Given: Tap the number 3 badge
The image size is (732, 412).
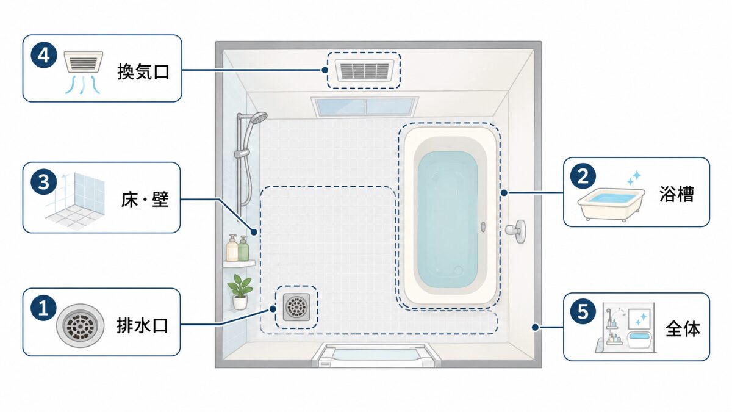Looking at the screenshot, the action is (44, 182).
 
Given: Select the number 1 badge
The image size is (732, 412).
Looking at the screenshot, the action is (44, 308).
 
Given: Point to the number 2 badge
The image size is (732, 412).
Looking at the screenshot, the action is (583, 176).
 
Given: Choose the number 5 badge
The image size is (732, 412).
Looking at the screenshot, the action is (583, 311).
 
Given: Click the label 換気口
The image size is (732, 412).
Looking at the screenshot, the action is (143, 72).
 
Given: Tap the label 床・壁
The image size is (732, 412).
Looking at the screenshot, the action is (145, 199).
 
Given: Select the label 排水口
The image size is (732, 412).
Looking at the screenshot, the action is (143, 326).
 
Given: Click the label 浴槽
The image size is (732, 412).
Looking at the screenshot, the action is (676, 194).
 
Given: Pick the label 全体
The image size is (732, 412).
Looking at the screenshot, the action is (683, 329).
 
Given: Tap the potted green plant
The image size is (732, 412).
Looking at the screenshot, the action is (240, 292).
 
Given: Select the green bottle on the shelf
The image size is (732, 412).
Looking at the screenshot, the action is (243, 249).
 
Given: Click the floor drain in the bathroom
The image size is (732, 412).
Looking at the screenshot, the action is (296, 307).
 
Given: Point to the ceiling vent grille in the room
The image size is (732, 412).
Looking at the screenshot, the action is (364, 70).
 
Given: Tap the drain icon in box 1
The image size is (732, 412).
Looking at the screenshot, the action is (80, 326).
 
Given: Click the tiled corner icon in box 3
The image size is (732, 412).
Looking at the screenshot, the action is (76, 200).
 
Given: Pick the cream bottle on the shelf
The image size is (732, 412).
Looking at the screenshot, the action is (232, 248).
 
